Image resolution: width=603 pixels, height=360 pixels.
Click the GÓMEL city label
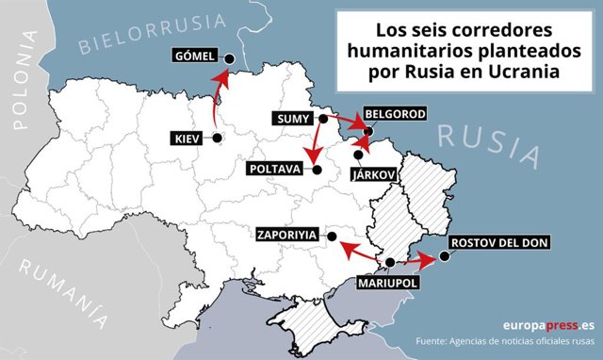195,56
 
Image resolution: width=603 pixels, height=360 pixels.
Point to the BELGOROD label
394,114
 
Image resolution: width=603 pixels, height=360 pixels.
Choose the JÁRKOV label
373,175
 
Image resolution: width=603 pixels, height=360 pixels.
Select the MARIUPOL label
385,281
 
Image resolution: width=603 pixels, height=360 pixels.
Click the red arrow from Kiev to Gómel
220,94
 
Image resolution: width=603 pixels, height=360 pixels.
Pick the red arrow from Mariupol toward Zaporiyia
362,252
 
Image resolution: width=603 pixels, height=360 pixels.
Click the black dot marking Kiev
218,139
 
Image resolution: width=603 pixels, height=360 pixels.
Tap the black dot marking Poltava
317,170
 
